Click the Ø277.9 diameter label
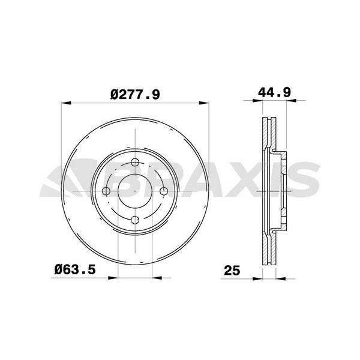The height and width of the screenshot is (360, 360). pos(135,94)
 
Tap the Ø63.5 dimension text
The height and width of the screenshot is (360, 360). pos(75,269)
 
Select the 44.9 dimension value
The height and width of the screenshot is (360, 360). pos(274,92)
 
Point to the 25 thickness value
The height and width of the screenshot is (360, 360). pos(232,270)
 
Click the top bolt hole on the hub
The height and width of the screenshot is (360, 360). pos(135,163)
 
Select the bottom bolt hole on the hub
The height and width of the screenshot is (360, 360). pos(135,220)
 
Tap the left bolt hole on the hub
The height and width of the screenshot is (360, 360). pos(106,191)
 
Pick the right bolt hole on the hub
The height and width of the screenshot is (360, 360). pos(164,191)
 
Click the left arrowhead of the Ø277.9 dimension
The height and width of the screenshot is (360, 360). pos(67,103)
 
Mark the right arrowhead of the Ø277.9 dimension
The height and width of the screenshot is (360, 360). pos(204,103)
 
